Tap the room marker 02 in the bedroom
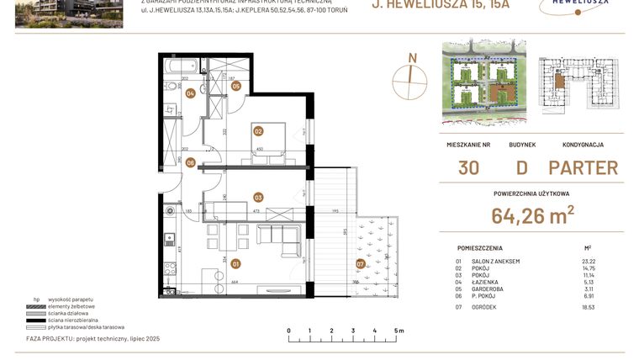click(x=258, y=130)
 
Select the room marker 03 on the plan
click(x=258, y=198)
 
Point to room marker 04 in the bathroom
click(x=191, y=93)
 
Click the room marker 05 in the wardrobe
click(x=236, y=86)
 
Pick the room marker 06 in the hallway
click(x=191, y=162)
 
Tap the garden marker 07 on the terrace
click(x=361, y=264)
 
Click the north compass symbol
click(x=411, y=75)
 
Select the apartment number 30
click(x=469, y=167)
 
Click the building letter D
click(x=522, y=167)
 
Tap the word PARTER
click(x=583, y=167)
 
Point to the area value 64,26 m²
click(x=533, y=217)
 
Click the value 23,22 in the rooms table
click(x=588, y=262)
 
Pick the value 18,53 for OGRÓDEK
click(x=588, y=309)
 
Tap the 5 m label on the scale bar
click(x=398, y=331)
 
